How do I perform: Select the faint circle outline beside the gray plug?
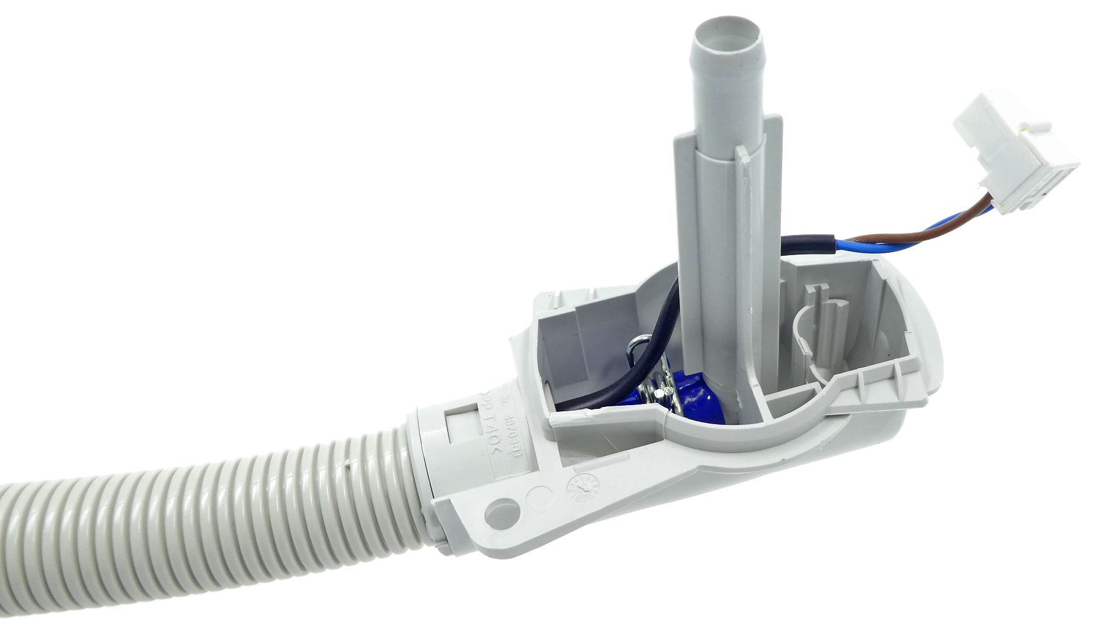point(540,495)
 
